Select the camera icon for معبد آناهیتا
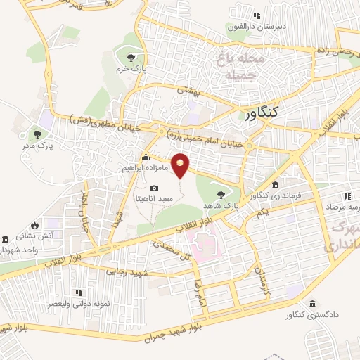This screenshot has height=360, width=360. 155,188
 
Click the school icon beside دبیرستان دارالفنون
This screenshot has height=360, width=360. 257,15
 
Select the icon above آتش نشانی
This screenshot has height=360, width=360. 6,238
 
